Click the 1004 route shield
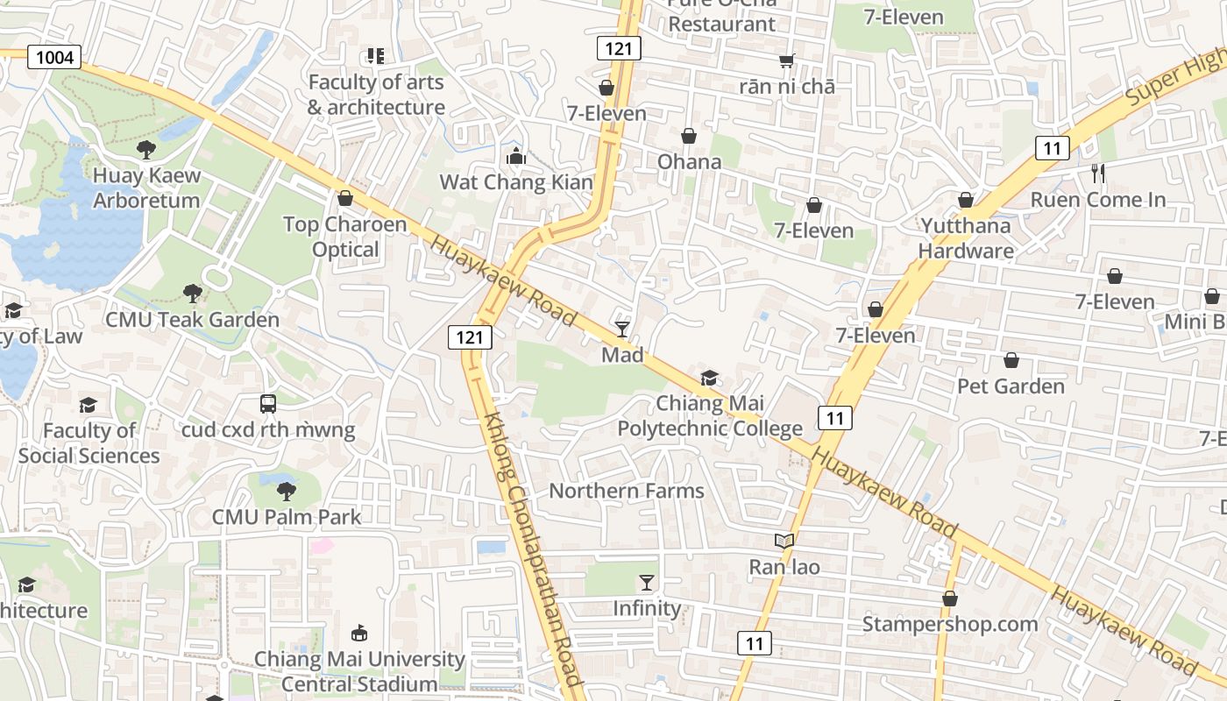coord(54,58)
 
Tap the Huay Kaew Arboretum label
coord(146,188)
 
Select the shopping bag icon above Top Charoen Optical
coord(345,198)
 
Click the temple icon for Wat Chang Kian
coord(516,157)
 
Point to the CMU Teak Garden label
coord(192,319)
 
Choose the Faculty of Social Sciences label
coord(89,443)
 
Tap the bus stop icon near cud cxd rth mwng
coord(268,404)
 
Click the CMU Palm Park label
coord(287,516)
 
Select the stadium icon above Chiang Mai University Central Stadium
coord(358,633)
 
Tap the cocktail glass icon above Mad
coord(622,329)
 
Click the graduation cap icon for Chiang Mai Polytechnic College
coord(709,378)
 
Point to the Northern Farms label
coord(627,490)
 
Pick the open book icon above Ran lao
coord(784,542)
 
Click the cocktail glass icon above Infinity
coord(647,582)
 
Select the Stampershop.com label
coord(950,624)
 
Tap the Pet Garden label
coord(1011,386)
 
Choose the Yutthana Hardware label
coord(966,237)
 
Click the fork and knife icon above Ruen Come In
coord(1098,173)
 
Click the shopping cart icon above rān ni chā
coord(787,60)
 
